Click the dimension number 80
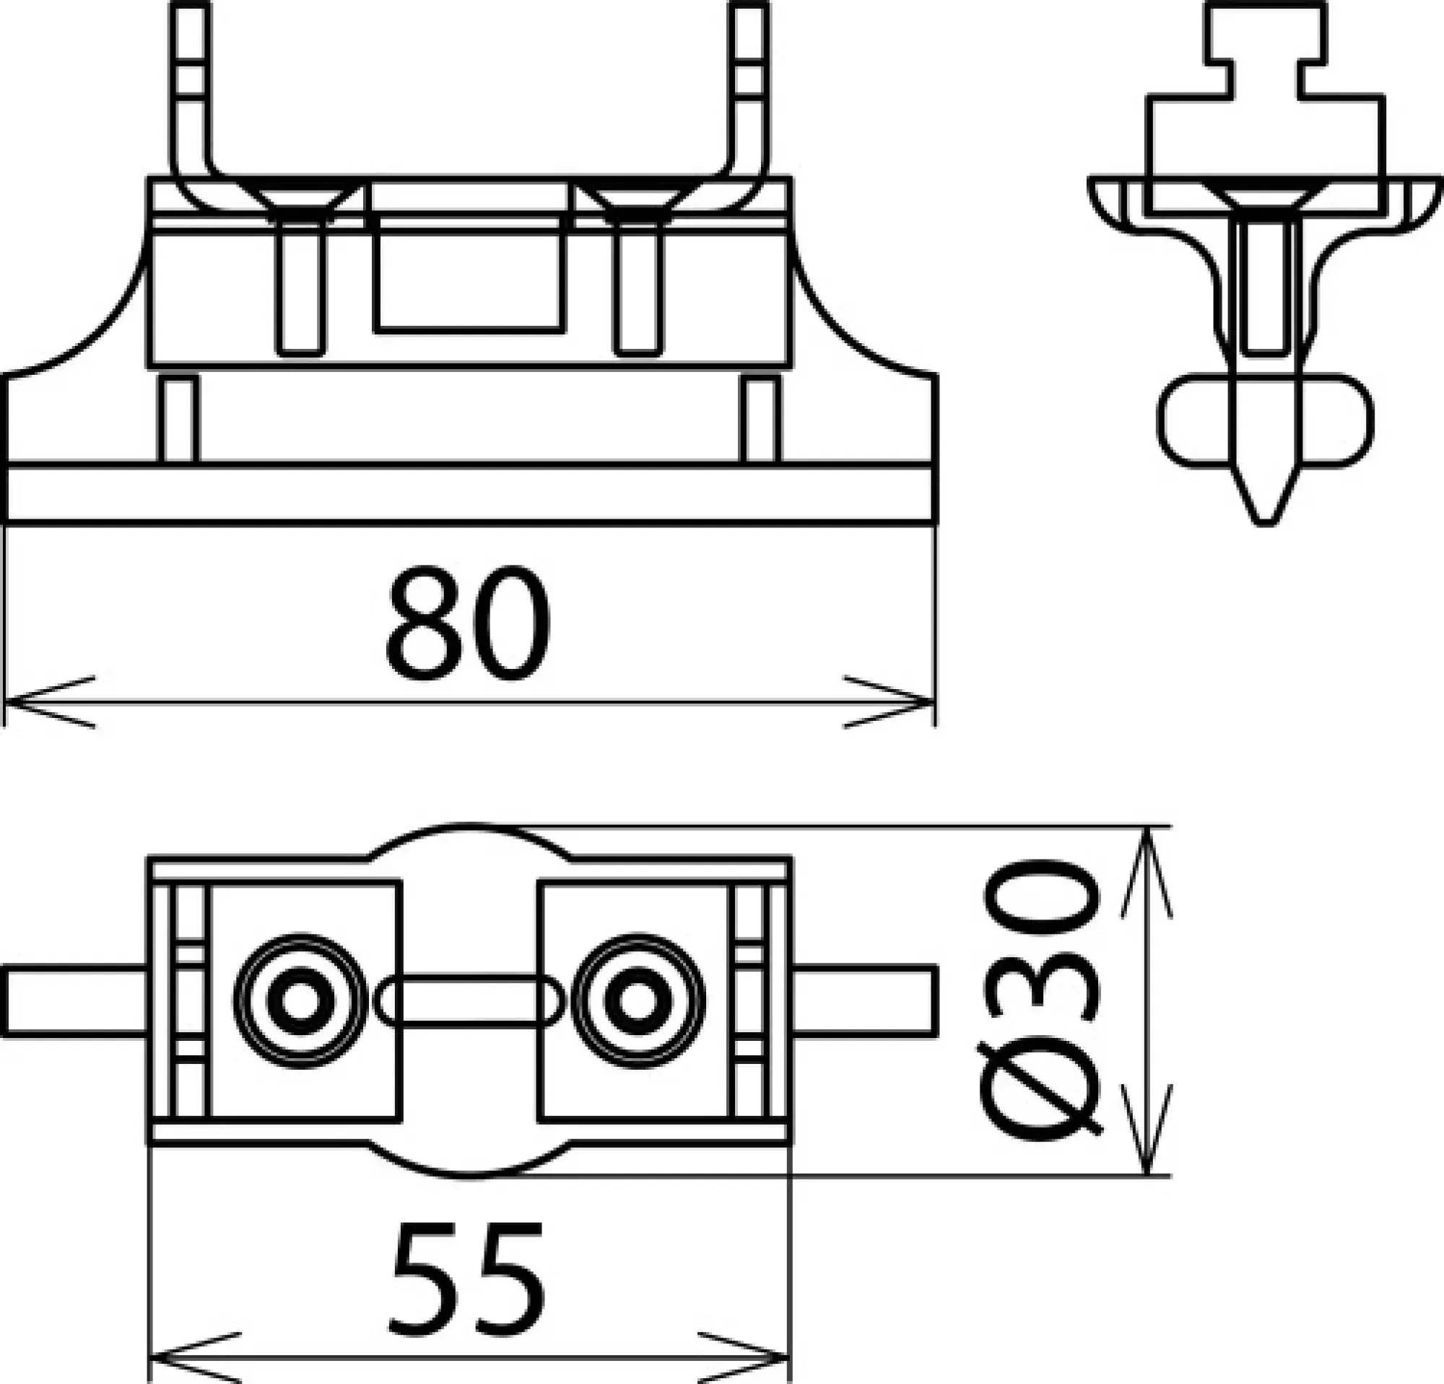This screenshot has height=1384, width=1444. (x=469, y=623)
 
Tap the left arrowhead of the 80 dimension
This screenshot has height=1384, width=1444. (x=30, y=701)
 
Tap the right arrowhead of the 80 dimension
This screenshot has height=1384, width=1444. (x=910, y=701)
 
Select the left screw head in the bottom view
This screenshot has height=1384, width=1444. (x=300, y=1000)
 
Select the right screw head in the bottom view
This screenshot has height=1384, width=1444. (x=638, y=1000)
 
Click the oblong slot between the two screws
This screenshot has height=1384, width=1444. (x=469, y=1000)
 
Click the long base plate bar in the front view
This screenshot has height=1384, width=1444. (x=471, y=494)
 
